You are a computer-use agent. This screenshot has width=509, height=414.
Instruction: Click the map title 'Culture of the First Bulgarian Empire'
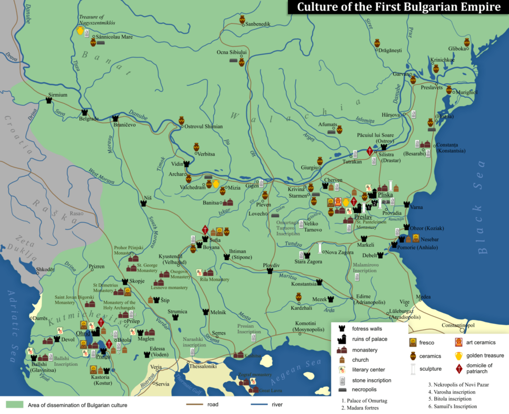[x=398, y=7]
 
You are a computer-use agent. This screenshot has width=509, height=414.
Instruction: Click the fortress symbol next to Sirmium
[x=49, y=100]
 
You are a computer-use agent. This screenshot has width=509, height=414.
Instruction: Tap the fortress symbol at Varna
[x=407, y=204]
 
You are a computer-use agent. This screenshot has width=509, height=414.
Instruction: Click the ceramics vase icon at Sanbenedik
[x=242, y=20]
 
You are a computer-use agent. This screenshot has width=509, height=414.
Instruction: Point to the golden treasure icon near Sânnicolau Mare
[x=80, y=31]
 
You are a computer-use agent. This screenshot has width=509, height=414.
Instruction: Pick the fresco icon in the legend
[x=413, y=343]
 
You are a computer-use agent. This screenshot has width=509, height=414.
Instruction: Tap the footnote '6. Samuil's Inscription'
[x=452, y=407]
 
